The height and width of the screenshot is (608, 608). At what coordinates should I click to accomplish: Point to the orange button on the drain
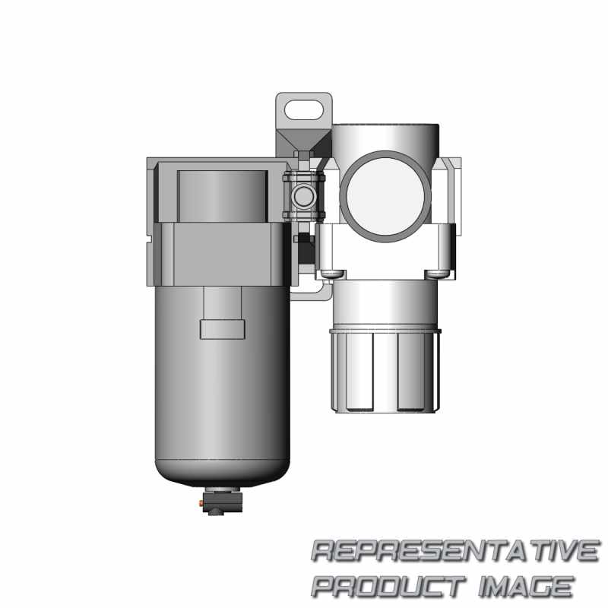pos(201,502)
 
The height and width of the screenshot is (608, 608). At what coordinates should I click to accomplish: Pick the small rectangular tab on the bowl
pos(222,329)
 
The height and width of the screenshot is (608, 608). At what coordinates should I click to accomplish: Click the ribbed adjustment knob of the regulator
pos(385,369)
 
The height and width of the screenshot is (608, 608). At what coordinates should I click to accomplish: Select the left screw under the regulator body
pos(331,273)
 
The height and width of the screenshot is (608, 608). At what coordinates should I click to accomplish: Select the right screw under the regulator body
pos(436,273)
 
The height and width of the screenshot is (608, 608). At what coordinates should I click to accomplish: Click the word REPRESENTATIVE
pos(454,551)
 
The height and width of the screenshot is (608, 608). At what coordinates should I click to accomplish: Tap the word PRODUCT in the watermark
pos(388,586)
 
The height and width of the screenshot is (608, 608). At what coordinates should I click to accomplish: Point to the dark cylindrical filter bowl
pos(222,380)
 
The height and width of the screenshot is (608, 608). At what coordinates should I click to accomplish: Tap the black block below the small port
pos(305,247)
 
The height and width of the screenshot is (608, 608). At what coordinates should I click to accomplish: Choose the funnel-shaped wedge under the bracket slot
pos(303,141)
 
